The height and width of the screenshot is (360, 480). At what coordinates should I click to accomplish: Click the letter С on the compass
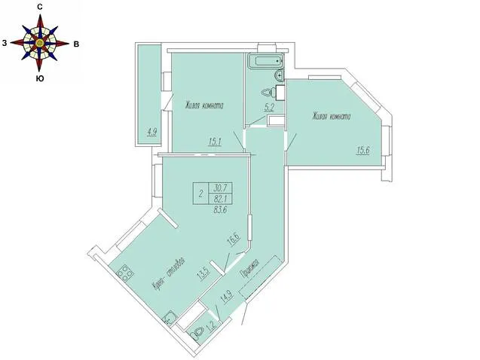click(x=39, y=8)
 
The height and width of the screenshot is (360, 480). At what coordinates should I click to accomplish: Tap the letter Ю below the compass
click(x=39, y=78)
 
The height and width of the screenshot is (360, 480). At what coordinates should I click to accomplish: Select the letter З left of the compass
click(x=5, y=43)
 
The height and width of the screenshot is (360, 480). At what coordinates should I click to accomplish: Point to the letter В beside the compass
click(x=76, y=44)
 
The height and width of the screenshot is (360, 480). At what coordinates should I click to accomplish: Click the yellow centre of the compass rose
click(x=39, y=43)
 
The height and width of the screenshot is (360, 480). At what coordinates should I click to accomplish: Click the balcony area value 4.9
click(x=152, y=132)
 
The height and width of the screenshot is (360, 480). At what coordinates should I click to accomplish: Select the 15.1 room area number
click(x=215, y=142)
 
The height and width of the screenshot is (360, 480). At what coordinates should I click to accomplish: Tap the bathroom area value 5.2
click(x=269, y=108)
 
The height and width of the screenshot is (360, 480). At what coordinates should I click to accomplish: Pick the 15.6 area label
click(x=362, y=151)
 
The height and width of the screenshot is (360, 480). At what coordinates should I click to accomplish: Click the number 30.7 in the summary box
click(x=220, y=188)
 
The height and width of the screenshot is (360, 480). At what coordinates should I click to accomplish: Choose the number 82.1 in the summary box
click(x=220, y=199)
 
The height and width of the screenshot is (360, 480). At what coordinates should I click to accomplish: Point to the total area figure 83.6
click(x=220, y=210)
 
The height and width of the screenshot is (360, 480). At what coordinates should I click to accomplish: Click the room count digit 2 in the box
click(x=200, y=194)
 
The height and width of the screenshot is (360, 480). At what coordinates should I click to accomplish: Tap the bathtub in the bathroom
click(x=265, y=61)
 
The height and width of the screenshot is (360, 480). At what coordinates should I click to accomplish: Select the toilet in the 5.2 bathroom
click(x=268, y=92)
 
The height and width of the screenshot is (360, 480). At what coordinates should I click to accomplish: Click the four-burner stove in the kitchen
click(x=125, y=273)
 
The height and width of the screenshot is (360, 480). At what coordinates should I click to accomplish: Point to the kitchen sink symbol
click(x=170, y=319)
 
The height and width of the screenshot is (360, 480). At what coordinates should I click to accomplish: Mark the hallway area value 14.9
click(x=228, y=297)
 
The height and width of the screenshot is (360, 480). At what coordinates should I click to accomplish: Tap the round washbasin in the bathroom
click(x=280, y=75)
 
